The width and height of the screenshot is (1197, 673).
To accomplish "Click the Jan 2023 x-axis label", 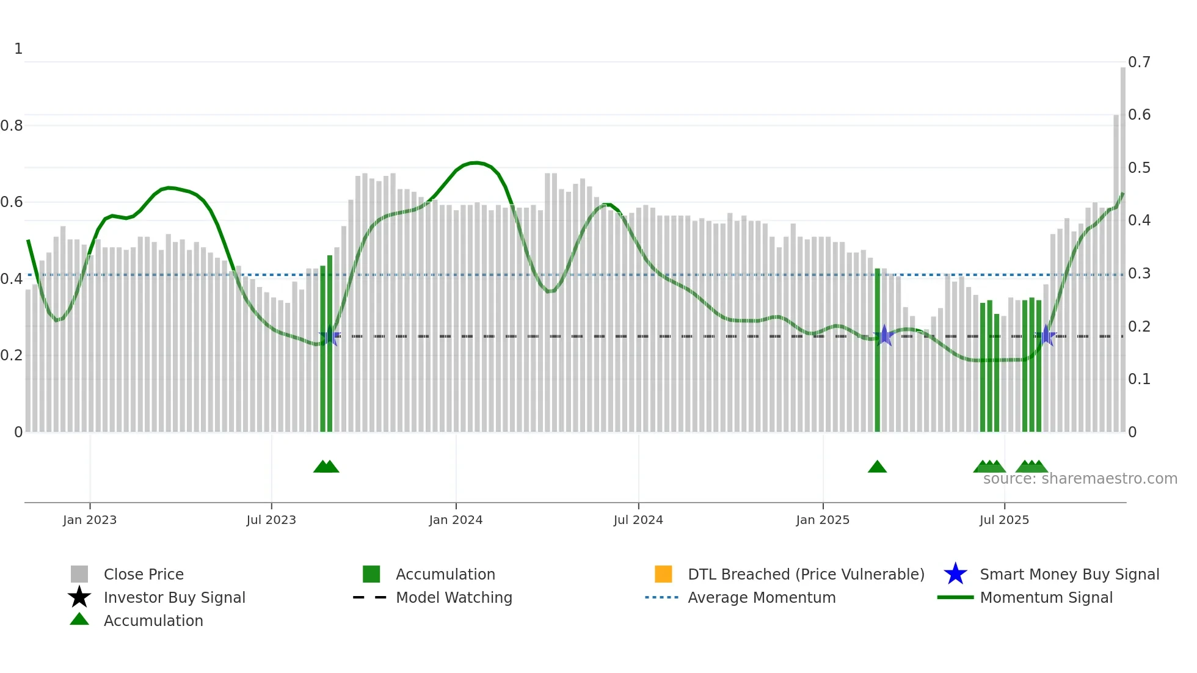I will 89,520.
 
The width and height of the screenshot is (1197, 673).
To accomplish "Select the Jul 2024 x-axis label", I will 638,520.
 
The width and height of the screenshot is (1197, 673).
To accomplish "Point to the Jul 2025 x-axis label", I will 1003,520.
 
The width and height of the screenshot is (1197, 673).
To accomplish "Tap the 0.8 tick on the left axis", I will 11,125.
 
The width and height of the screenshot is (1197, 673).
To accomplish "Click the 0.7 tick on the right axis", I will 1138,62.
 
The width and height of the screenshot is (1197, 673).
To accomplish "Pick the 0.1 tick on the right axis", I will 1138,379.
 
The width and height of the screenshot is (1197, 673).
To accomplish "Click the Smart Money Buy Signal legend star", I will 955,574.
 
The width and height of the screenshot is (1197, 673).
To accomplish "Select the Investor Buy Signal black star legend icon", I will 79,597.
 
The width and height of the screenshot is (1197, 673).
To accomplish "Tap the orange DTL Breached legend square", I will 663,574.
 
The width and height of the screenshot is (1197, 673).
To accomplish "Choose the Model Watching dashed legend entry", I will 369,597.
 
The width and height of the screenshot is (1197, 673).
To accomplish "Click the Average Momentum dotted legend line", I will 661,597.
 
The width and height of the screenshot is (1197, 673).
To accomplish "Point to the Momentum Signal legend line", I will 955,597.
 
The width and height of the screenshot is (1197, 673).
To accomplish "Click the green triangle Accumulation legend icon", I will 79,620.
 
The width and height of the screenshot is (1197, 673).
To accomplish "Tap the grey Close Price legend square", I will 79,574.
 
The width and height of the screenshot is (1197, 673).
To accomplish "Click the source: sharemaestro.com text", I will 1080,479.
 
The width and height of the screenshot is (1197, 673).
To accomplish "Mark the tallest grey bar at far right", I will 1122,244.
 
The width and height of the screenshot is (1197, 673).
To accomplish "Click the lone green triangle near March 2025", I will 877,467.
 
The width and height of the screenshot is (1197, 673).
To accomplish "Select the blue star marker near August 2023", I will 329,336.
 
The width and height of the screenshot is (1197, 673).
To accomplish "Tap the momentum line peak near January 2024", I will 476,162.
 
